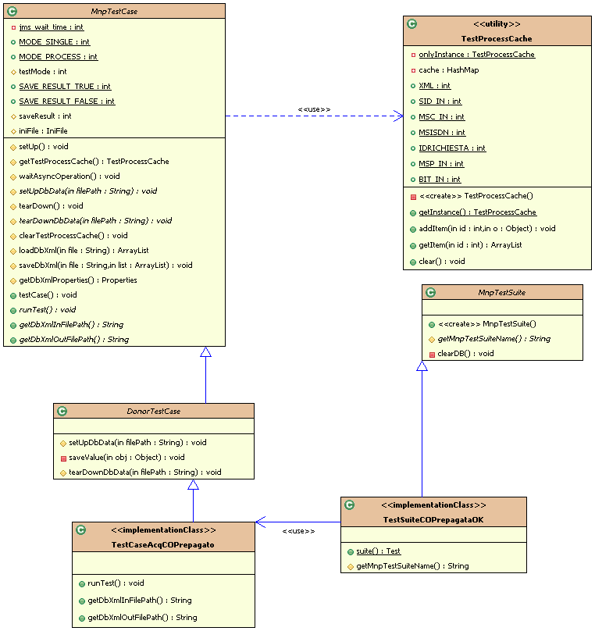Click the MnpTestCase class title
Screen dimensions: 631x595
[x=114, y=11]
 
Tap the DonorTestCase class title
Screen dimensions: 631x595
[x=153, y=411]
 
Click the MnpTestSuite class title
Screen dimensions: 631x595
[x=501, y=292]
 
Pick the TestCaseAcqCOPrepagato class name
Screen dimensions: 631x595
[x=163, y=544]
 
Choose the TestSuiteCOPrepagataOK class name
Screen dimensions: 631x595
[x=433, y=520]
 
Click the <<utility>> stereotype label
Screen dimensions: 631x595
[x=491, y=24]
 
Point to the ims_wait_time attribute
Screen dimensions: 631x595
[x=51, y=27]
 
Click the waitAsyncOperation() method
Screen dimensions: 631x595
[x=69, y=176]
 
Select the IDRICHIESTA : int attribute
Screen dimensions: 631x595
[x=452, y=148]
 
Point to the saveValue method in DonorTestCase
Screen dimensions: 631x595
[x=126, y=457]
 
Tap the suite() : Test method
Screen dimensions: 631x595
[x=378, y=551]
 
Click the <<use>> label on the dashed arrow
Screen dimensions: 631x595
[x=314, y=109]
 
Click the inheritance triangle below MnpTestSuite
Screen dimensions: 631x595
[x=422, y=366]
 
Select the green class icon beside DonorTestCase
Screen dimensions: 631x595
[x=62, y=411]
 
